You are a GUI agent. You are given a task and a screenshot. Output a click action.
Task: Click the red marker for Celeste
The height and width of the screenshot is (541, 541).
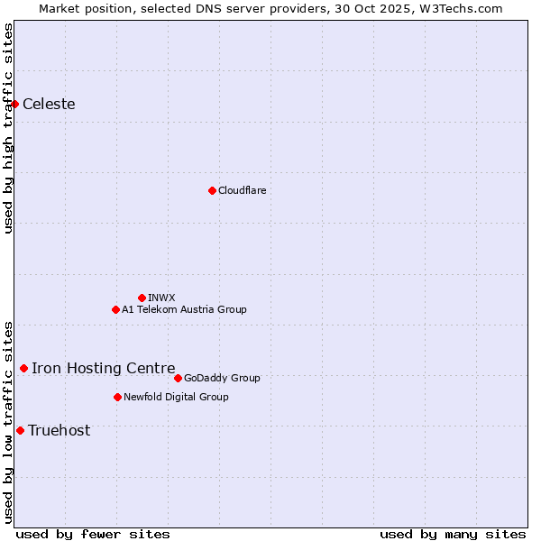click(x=15, y=104)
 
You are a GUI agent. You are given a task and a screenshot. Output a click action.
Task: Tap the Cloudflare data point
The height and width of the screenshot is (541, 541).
click(x=212, y=190)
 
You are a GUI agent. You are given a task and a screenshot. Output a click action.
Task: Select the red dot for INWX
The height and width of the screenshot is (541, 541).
click(x=142, y=298)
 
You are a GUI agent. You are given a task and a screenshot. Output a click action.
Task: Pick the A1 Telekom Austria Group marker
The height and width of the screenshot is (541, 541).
click(x=115, y=309)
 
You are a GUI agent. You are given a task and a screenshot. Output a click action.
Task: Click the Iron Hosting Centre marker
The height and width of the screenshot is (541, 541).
click(x=23, y=368)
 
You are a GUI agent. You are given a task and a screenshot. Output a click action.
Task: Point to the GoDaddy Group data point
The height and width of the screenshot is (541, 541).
click(x=178, y=378)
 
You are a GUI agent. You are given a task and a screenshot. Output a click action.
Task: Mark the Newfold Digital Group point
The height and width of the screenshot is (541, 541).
click(x=117, y=397)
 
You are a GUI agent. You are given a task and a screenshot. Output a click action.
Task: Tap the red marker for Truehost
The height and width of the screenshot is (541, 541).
click(x=20, y=430)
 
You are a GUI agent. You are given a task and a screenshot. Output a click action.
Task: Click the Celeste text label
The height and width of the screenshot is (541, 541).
click(x=49, y=104)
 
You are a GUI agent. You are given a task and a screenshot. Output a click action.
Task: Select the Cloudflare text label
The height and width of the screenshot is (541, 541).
click(x=243, y=190)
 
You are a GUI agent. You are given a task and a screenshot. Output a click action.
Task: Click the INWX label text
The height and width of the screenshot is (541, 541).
click(x=162, y=298)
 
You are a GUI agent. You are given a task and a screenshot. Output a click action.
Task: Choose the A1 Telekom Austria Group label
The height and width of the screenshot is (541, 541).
click(x=184, y=309)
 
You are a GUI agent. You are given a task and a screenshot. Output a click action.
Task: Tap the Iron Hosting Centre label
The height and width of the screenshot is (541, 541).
click(x=104, y=368)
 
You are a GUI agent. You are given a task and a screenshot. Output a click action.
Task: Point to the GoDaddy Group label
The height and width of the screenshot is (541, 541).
click(x=222, y=378)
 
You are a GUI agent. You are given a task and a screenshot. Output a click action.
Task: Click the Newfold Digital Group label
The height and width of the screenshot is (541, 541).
click(x=176, y=397)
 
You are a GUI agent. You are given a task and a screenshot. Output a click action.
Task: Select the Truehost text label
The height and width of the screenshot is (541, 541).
click(x=60, y=430)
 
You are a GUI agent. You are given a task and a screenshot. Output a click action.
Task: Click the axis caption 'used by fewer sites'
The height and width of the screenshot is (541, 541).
click(x=93, y=534)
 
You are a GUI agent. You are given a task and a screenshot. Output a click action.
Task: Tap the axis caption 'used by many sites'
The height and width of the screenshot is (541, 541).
click(x=453, y=534)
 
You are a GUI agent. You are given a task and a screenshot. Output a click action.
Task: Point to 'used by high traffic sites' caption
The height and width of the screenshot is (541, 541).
click(x=8, y=128)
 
